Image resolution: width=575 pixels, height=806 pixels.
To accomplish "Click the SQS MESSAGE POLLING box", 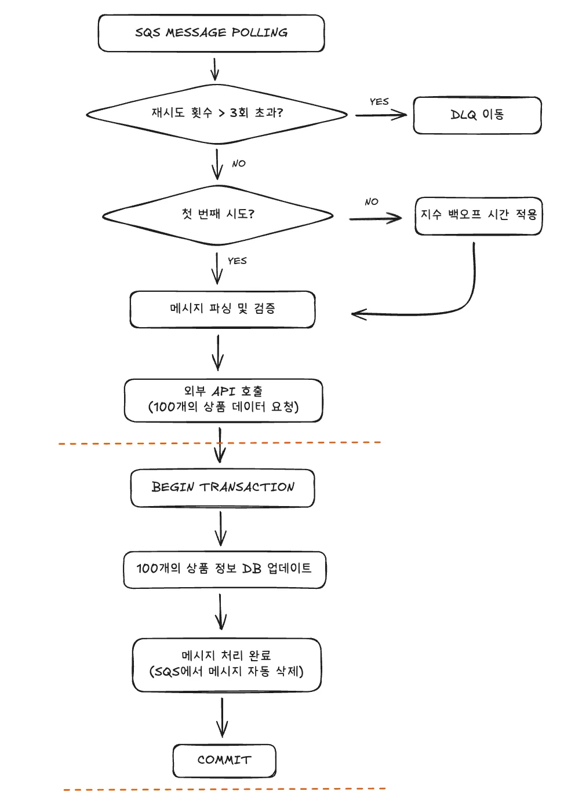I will point(211,33).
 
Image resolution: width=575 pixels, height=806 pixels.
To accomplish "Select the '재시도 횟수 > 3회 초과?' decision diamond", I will point(217,113).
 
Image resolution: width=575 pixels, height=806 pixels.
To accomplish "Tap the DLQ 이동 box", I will point(477,115).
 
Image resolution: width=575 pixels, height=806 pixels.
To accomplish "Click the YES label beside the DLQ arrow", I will point(379,102).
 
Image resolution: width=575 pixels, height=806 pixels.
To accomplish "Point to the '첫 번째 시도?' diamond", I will point(218,215).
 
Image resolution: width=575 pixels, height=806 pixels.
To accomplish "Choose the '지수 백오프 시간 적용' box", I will point(479,215).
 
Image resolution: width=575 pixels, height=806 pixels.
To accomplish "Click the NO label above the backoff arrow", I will point(372,202).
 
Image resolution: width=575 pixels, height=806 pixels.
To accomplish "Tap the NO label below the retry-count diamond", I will point(239,164).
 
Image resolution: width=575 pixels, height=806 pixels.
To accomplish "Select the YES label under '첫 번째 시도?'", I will point(237,261).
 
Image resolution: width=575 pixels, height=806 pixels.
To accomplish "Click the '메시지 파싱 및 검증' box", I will point(223,309).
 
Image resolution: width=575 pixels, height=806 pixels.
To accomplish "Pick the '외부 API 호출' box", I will point(223,400).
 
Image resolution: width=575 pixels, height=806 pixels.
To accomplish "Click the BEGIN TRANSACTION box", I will point(223,488).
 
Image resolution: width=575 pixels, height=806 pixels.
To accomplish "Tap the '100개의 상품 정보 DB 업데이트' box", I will point(224,569).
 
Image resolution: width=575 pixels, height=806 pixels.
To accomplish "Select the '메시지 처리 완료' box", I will point(227,665).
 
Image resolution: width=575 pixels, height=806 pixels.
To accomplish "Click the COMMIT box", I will point(224,760).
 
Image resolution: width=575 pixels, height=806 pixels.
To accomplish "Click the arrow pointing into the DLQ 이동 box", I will point(381,115).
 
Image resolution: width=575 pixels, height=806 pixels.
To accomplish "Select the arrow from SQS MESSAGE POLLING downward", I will point(214,69).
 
